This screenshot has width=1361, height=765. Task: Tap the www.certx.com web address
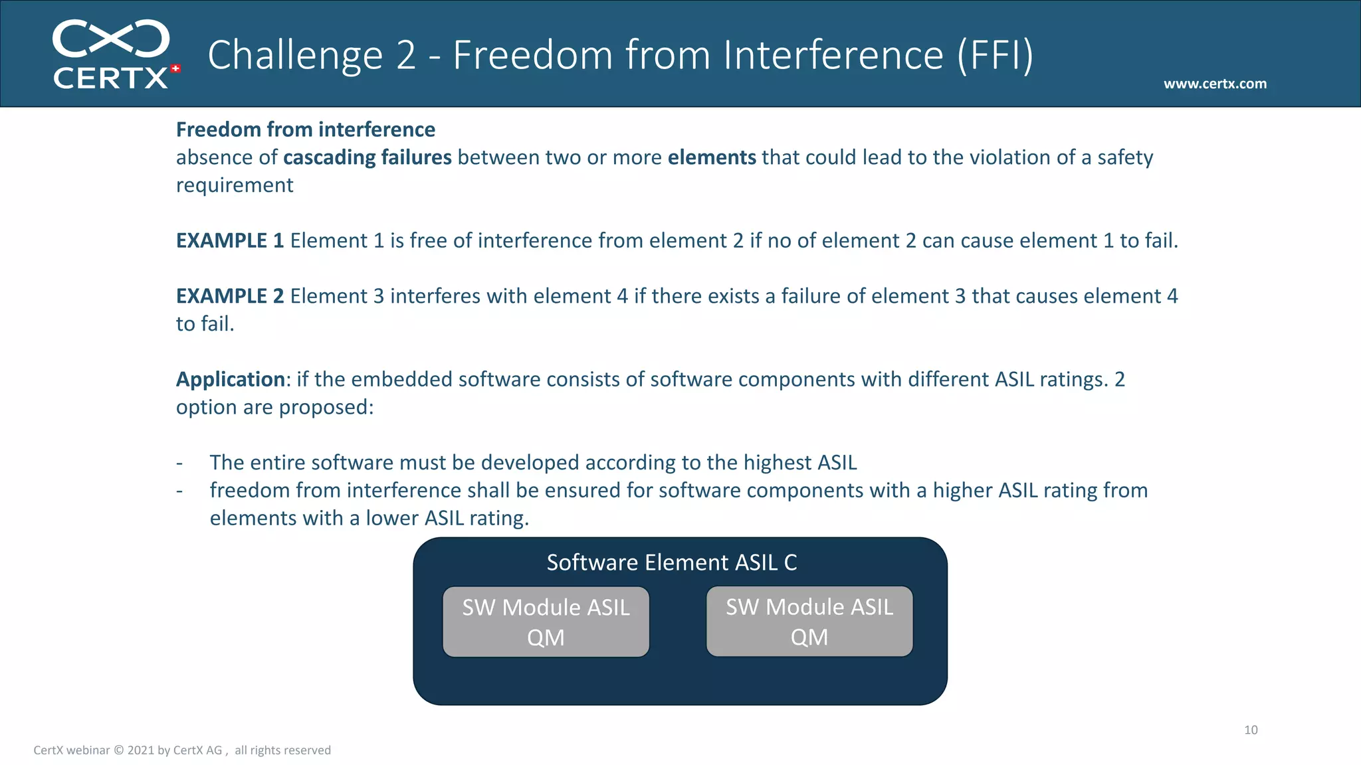click(x=1215, y=84)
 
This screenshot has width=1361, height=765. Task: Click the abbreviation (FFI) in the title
click(x=995, y=54)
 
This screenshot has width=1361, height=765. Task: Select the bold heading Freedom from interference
click(x=306, y=129)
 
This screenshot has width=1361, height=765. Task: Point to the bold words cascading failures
click(x=367, y=157)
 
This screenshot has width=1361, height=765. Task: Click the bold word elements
click(x=712, y=157)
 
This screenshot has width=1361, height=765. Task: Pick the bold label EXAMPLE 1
click(x=230, y=240)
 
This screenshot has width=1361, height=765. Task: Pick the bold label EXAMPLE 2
click(x=230, y=296)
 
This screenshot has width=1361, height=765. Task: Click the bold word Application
click(x=231, y=379)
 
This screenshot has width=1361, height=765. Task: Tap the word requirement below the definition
click(x=235, y=185)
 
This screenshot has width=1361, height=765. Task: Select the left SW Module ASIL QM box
click(x=546, y=622)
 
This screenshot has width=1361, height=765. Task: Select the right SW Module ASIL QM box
click(x=809, y=622)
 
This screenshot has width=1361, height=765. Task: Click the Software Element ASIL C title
click(x=672, y=562)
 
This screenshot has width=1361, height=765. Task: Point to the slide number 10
click(x=1251, y=730)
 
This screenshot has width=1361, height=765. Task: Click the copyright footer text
click(x=182, y=750)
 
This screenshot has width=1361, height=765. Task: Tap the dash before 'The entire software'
click(x=179, y=463)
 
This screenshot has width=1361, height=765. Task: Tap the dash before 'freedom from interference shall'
click(x=179, y=491)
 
